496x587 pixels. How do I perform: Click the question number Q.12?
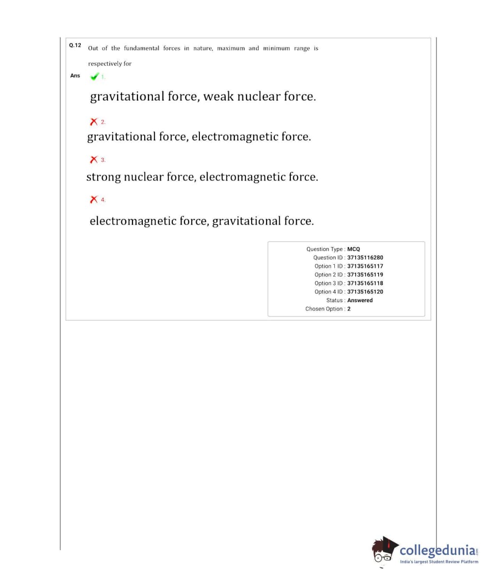(x=75, y=46)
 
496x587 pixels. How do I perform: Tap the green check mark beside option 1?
(x=94, y=77)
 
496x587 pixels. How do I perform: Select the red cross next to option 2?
(x=94, y=122)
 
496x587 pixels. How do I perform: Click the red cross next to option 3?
(x=94, y=159)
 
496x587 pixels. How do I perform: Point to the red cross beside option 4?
(x=94, y=199)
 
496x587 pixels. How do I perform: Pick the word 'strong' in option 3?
(x=104, y=177)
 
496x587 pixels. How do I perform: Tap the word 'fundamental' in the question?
(x=141, y=48)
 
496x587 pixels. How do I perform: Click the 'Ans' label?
(x=75, y=76)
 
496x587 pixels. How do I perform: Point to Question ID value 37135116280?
(x=365, y=258)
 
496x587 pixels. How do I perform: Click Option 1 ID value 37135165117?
(x=365, y=266)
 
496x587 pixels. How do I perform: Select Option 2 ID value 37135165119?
(x=365, y=275)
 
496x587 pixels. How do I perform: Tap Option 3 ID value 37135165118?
(x=365, y=283)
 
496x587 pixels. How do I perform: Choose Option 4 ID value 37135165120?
(x=365, y=292)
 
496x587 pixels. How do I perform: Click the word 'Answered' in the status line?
(x=360, y=300)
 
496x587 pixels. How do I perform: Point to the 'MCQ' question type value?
(x=354, y=249)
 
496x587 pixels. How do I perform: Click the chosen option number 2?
(x=349, y=309)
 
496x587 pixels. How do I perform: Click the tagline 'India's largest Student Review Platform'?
(x=439, y=562)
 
